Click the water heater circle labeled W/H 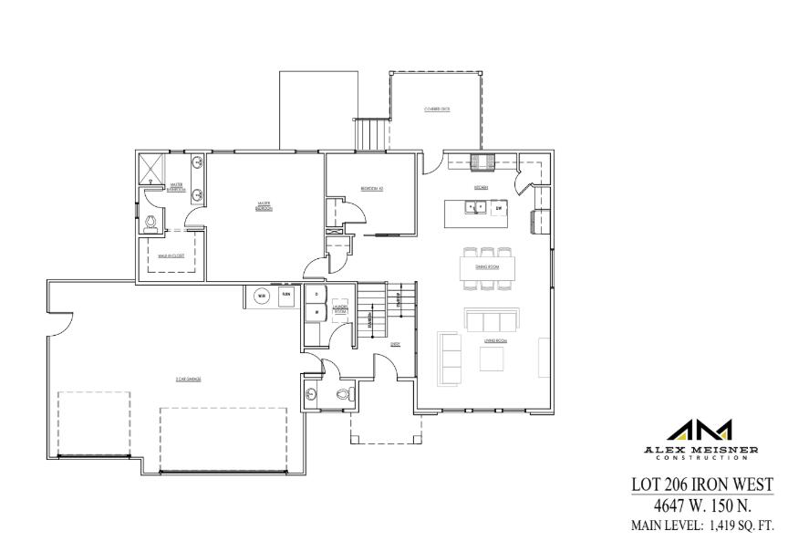click(260, 296)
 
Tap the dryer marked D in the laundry click(315, 295)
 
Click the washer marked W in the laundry click(315, 313)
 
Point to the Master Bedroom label click(264, 207)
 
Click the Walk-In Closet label click(171, 256)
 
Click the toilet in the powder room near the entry click(344, 394)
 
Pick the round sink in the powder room click(312, 393)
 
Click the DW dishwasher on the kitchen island click(498, 208)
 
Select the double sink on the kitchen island click(474, 208)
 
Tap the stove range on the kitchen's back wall click(482, 162)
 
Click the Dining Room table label click(487, 267)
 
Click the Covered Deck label click(437, 109)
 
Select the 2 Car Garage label click(188, 377)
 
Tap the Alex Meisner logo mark click(700, 430)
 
